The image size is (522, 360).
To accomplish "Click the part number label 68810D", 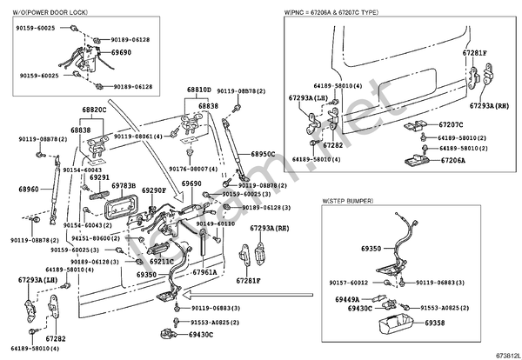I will click(x=198, y=90).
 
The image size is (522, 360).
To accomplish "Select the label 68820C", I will click(x=94, y=110).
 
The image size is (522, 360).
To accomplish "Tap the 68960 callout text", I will click(x=29, y=189).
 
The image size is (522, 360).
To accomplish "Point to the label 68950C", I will click(x=262, y=154).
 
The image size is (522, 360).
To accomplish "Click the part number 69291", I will click(x=99, y=177).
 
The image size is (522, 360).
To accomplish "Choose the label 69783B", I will click(x=123, y=186).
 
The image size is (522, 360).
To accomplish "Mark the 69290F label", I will click(x=153, y=190).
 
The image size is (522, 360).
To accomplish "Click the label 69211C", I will click(x=162, y=261).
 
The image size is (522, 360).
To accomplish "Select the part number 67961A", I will click(x=205, y=271).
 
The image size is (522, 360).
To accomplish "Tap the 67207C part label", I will click(x=452, y=125).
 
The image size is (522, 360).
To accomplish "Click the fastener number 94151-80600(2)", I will click(x=96, y=237).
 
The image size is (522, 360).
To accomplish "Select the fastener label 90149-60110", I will click(x=215, y=223).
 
